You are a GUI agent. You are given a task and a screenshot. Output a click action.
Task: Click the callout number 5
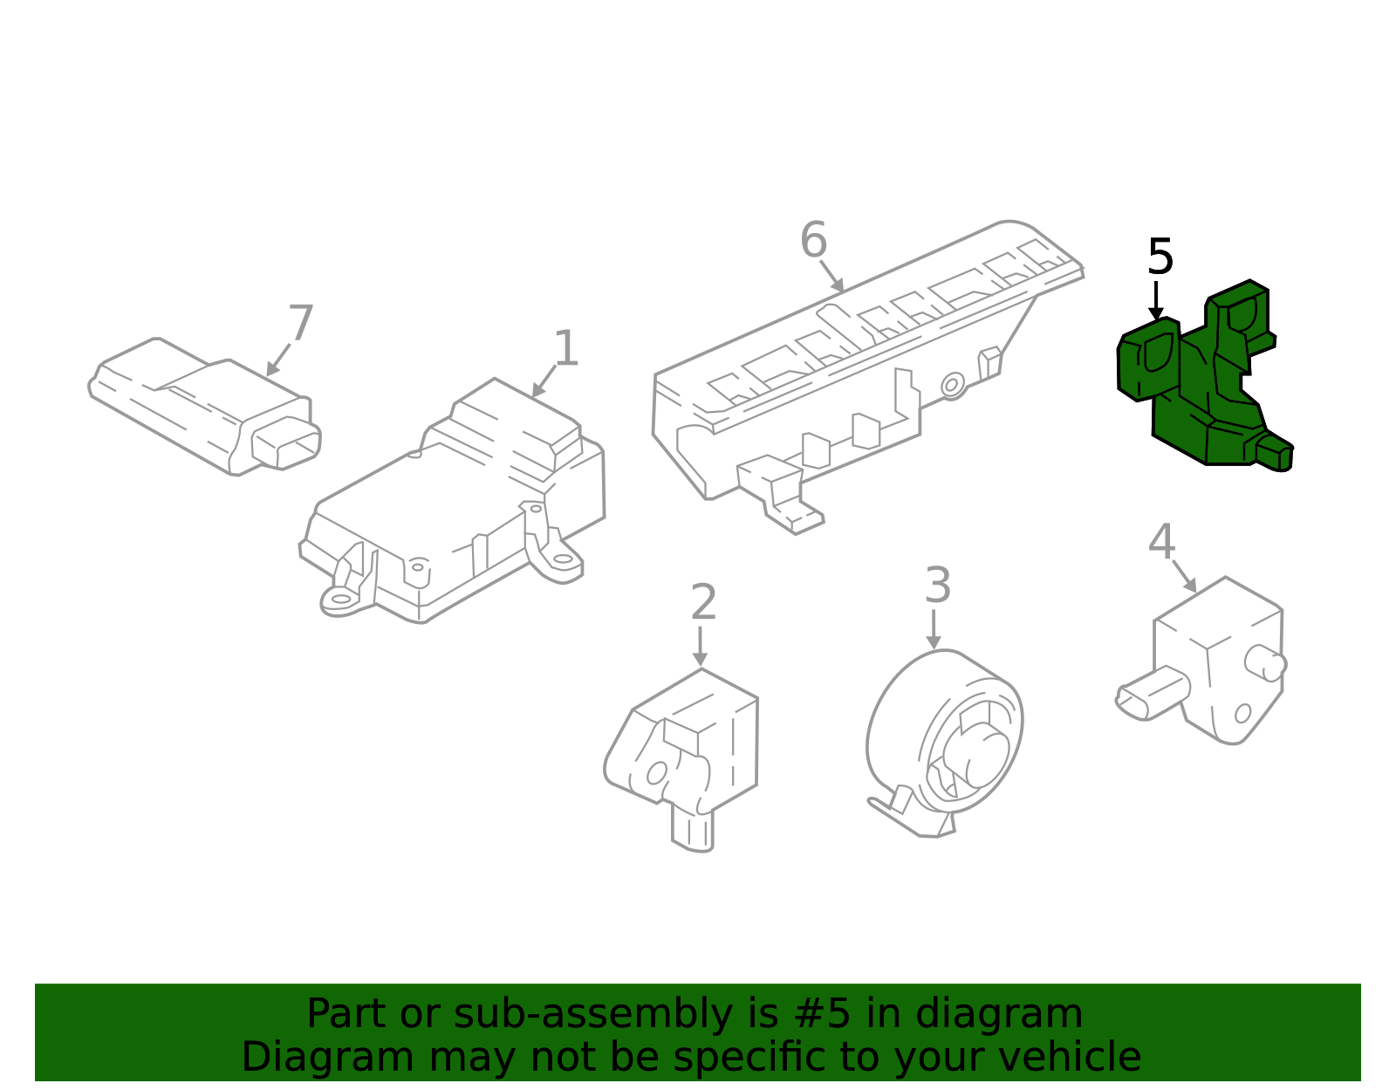point(1160,257)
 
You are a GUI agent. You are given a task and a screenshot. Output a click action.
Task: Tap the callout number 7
point(300,324)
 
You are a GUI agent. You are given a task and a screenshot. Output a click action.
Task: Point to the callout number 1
point(566,349)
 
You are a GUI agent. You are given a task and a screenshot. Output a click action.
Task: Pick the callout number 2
point(703,603)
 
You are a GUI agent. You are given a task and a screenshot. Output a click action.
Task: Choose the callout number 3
point(937,586)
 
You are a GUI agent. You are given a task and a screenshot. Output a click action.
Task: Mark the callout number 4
point(1161,542)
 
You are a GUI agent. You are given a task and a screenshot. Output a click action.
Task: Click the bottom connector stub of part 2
point(693,830)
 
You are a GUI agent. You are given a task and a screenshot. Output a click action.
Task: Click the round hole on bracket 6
point(953,384)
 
